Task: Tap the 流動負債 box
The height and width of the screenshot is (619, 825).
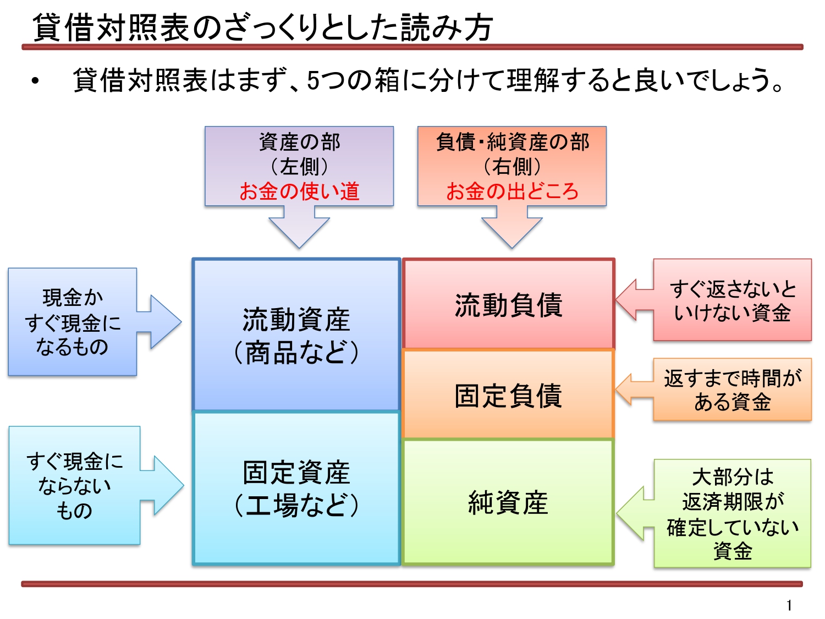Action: pos(509,304)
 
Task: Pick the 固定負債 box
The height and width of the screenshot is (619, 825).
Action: pos(509,394)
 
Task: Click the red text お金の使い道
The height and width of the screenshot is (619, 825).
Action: pos(299,191)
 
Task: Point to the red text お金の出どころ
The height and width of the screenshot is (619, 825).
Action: pos(512,191)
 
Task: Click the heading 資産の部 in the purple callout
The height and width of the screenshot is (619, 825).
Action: pos(299,142)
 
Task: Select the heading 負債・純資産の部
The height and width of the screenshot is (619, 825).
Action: pos(512,142)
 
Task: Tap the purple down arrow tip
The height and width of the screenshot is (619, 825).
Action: pos(299,248)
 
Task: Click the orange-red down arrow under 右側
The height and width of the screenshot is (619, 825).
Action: pos(512,227)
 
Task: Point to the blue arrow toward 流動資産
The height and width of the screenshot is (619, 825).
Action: pos(159,322)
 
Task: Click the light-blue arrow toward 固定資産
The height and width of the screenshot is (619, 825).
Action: pos(162,485)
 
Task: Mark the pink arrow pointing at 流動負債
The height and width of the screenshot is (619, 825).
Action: pos(635,299)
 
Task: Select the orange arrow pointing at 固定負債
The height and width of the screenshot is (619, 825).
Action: pos(635,390)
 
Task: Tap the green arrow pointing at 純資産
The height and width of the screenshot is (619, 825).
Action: pos(636,513)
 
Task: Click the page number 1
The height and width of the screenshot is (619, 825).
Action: pos(789,605)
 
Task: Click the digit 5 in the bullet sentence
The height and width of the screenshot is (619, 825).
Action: pos(313,80)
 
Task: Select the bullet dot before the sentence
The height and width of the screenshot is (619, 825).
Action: pos(35,81)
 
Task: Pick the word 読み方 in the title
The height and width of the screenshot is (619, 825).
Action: pos(447,28)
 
